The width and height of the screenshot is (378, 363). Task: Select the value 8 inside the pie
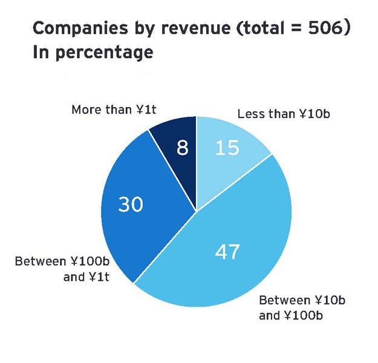182,147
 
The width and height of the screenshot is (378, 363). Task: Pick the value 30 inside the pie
130,204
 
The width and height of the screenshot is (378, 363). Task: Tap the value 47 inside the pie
227,252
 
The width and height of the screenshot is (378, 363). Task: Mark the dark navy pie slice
175,160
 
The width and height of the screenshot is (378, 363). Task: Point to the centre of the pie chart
196,211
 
